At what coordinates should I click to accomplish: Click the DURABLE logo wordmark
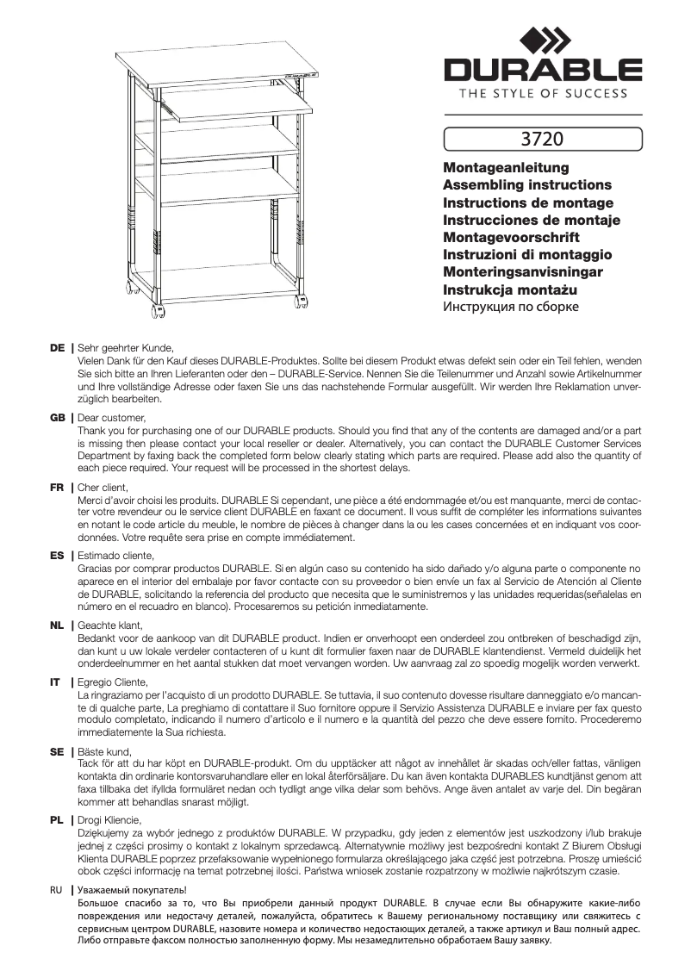tap(543, 70)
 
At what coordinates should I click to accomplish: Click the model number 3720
tap(543, 137)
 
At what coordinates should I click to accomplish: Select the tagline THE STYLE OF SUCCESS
tap(543, 94)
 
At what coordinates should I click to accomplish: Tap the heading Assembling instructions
tap(526, 184)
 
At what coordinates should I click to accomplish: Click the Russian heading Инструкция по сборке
tap(510, 306)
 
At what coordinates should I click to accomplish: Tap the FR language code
tap(58, 487)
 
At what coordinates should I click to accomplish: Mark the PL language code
tap(58, 819)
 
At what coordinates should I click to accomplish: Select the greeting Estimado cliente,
tap(116, 556)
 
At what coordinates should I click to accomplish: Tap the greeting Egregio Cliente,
tap(113, 681)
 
